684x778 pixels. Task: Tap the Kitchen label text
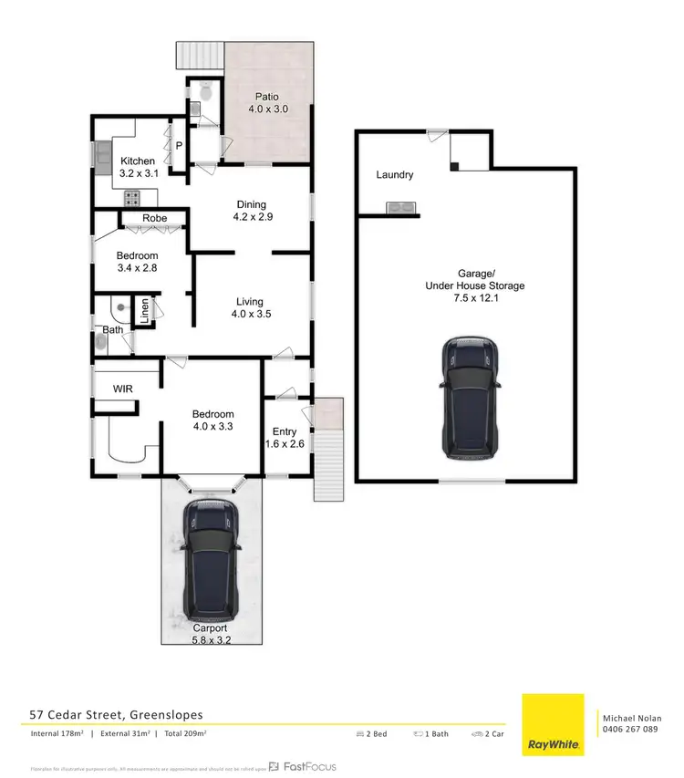138,161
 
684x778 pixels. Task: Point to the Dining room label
250,205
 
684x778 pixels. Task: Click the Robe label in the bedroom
154,219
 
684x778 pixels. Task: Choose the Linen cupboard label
144,311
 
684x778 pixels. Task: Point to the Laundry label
394,175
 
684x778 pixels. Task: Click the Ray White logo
552,725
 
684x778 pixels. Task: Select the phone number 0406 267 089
629,729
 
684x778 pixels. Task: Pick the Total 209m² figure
182,733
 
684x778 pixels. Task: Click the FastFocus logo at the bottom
302,766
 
